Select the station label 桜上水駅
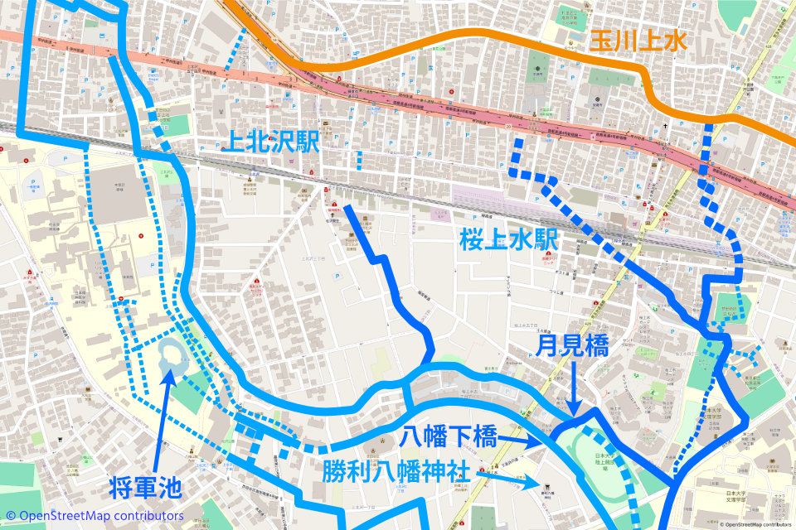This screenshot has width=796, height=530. pyautogui.click(x=508, y=241)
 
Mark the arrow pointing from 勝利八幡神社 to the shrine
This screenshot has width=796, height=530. pyautogui.click(x=506, y=477)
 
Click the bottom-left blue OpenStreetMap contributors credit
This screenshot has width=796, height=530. pyautogui.click(x=91, y=516)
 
